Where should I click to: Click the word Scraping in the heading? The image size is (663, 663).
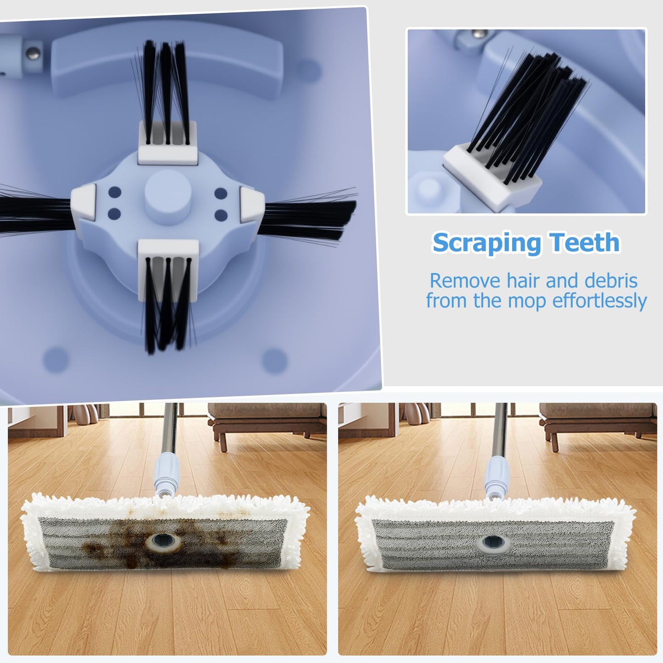487,243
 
